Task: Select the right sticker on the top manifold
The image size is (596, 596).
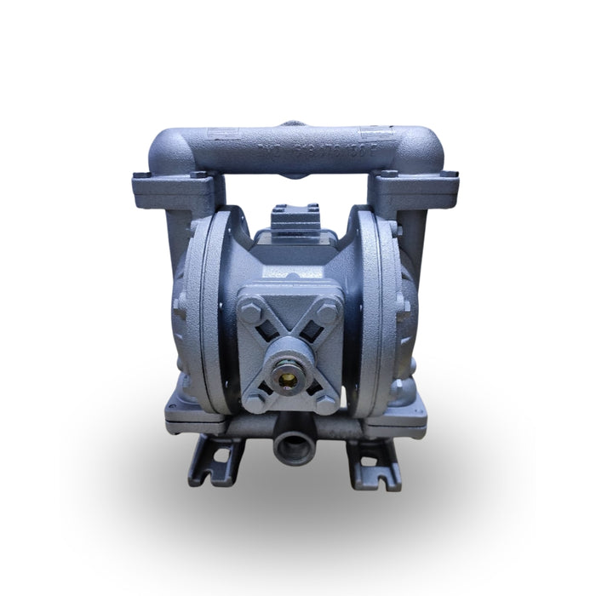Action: point(375,132)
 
